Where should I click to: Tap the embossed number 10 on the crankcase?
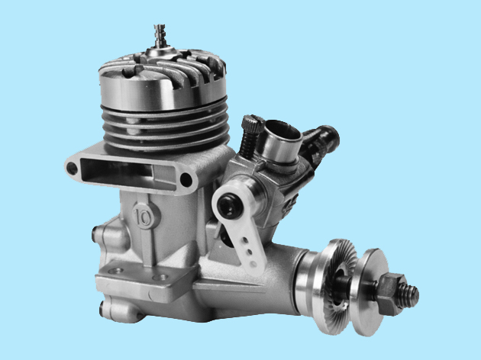coord(142,217)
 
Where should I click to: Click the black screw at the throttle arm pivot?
coord(228,207)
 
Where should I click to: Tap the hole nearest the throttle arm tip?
coord(254,263)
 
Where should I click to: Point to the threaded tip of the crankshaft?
coord(411,293)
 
